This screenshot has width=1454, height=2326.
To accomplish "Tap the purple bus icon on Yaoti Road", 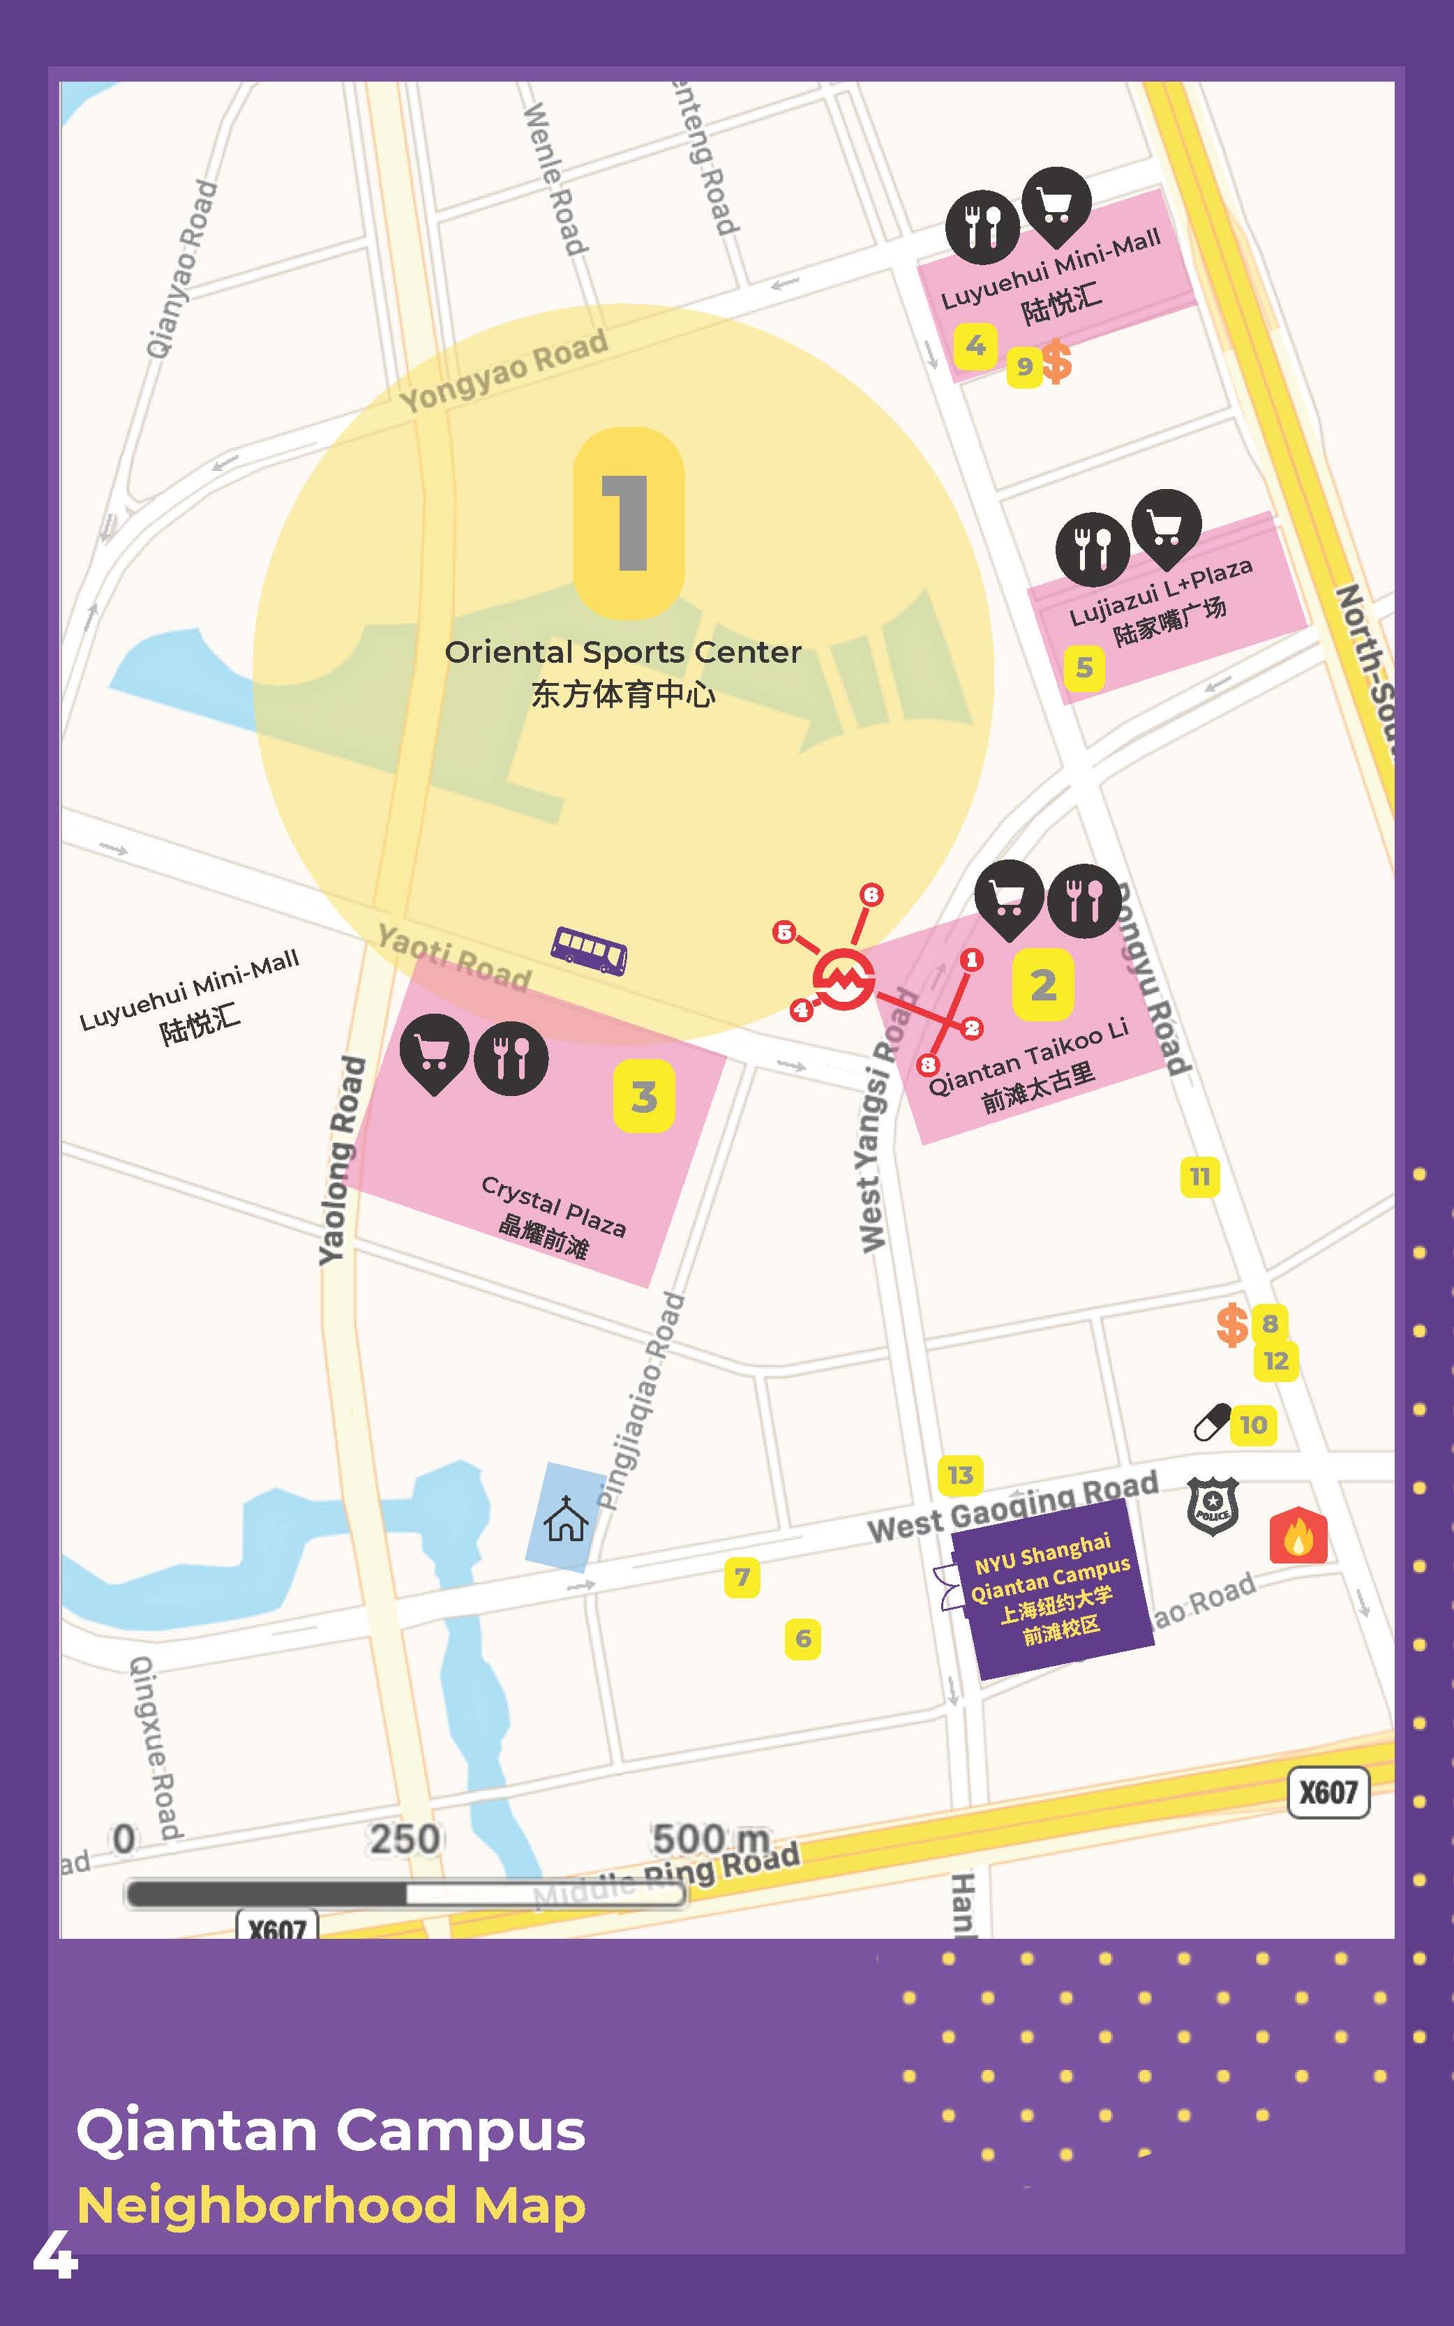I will click(589, 950).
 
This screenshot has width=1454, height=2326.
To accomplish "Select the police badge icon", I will click(1212, 1506).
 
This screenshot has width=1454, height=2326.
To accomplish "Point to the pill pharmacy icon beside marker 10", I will click(1212, 1422).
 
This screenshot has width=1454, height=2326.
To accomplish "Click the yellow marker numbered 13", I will click(960, 1475).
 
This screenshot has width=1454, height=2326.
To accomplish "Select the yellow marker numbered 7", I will click(742, 1577).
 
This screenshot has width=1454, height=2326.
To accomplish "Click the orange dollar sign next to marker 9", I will click(1057, 363).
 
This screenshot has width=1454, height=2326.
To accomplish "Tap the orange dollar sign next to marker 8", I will click(1232, 1325).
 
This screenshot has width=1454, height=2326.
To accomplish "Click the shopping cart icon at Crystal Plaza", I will click(434, 1050).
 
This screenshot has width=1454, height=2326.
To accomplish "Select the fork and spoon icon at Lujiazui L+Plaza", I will click(1091, 550).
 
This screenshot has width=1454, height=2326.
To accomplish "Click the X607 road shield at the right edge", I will click(1328, 1792).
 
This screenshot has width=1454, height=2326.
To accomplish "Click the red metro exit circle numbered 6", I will click(871, 894).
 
